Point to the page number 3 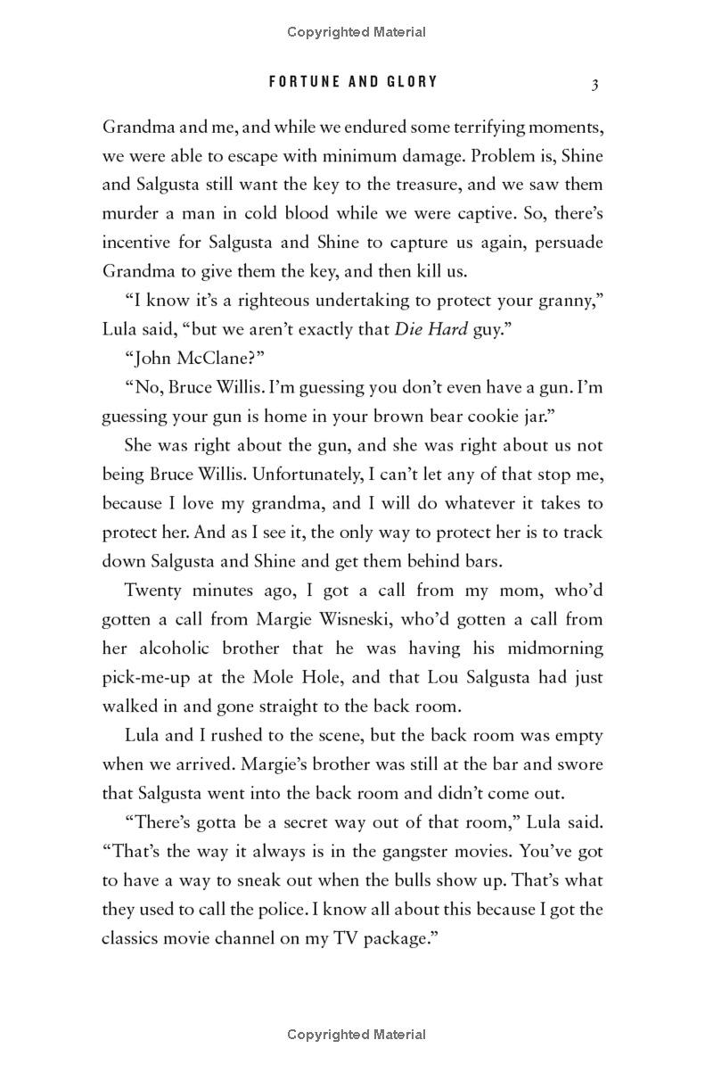pos(594,84)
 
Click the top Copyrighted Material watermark pos(356,32)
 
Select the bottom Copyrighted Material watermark pos(356,1035)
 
